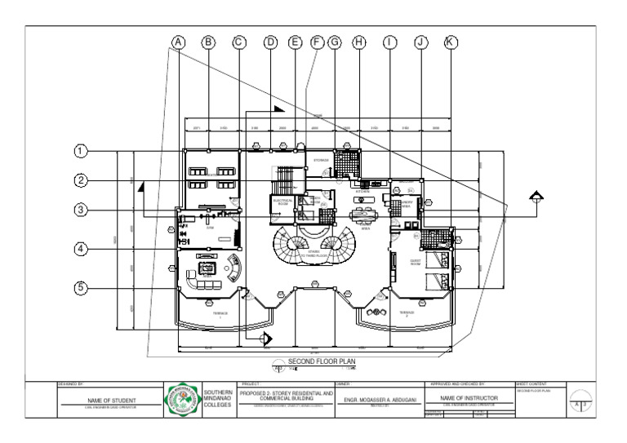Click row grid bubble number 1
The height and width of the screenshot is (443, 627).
[81, 151]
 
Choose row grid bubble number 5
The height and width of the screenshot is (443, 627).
[81, 287]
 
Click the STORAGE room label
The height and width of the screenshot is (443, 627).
[321, 160]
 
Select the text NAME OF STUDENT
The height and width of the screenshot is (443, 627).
[111, 401]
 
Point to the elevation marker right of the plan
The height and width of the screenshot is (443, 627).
[536, 194]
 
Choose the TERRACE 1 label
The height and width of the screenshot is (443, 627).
[220, 313]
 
